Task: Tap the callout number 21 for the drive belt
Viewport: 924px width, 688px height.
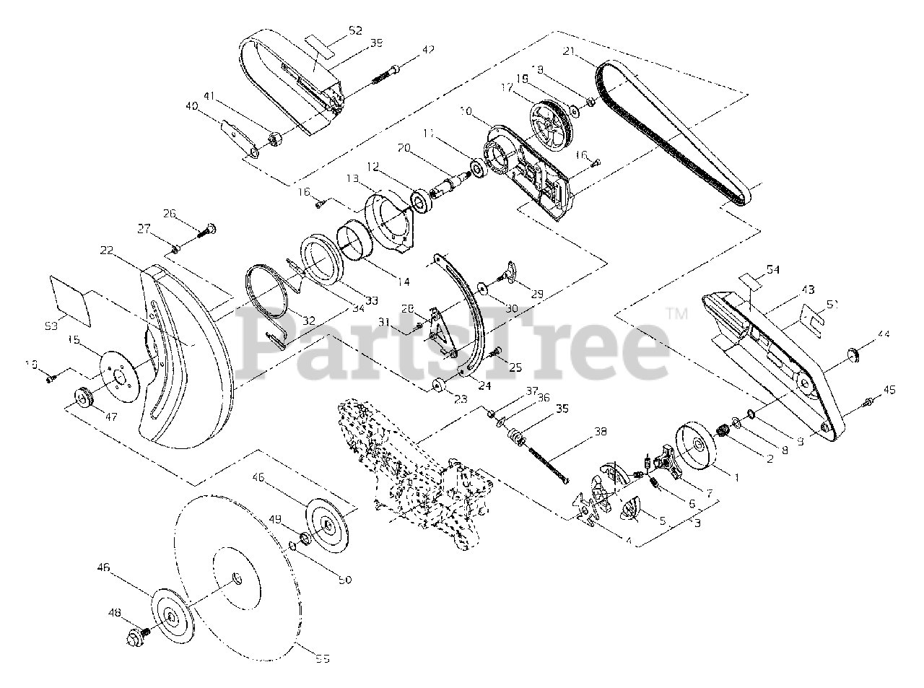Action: [569, 51]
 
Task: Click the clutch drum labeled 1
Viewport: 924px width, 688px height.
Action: [691, 447]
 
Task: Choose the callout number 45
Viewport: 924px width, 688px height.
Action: [889, 390]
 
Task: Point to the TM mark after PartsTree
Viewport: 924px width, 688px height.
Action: [676, 313]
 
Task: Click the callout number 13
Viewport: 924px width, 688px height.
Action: [352, 178]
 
